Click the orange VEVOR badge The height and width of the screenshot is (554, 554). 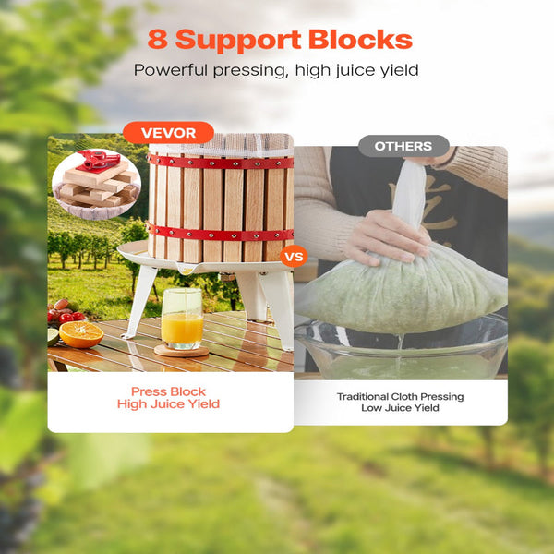tap(168, 132)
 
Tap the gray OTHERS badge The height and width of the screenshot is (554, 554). tap(403, 146)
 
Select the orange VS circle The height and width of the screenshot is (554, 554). tap(294, 256)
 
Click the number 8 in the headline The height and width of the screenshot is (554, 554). tap(158, 39)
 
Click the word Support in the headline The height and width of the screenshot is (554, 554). tap(238, 41)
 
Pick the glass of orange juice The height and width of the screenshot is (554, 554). tap(182, 319)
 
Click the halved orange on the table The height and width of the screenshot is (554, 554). tap(81, 334)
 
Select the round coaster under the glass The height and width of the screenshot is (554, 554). tap(181, 351)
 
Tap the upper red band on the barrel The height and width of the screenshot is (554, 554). tap(221, 163)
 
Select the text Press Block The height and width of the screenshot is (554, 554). tap(168, 391)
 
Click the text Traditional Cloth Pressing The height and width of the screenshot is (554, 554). tap(400, 396)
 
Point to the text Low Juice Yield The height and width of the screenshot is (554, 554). tap(400, 408)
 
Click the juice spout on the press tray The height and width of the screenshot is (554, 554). tap(187, 271)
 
